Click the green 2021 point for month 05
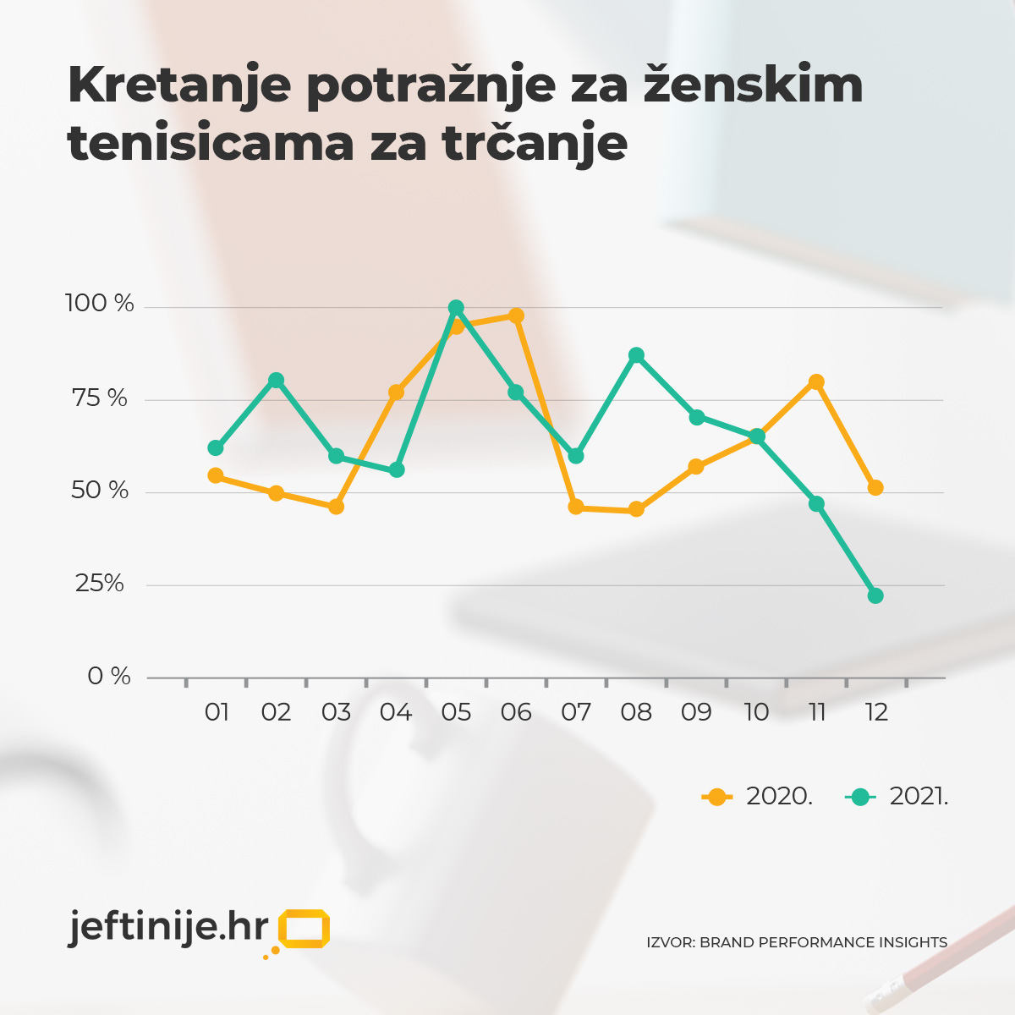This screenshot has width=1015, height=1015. [456, 308]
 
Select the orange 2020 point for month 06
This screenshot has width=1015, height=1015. [516, 315]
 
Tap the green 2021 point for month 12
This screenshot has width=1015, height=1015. [875, 595]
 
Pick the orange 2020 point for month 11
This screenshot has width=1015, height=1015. [816, 382]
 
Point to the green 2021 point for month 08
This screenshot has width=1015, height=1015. [636, 355]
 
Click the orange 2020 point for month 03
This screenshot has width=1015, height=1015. [336, 507]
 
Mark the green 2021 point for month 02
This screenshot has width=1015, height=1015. [276, 381]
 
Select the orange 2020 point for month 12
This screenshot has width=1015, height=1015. [875, 487]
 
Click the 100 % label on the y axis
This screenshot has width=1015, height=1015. [100, 304]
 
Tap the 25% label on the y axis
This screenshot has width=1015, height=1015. [100, 584]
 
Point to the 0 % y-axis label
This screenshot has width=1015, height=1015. [109, 677]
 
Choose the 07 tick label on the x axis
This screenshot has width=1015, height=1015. [576, 712]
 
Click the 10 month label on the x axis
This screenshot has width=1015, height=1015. [756, 712]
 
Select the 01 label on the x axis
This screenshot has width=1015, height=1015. [217, 712]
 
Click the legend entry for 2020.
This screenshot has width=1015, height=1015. [758, 797]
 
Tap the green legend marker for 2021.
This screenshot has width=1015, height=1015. [860, 797]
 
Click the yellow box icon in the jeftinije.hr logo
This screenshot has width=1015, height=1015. [304, 930]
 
